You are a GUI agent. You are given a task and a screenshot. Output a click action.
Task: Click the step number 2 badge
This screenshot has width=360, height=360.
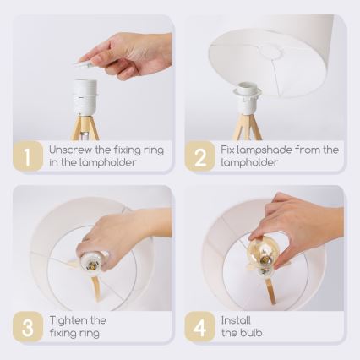pos(200,156)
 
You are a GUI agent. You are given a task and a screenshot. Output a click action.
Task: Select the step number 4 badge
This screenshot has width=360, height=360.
pos(200,327)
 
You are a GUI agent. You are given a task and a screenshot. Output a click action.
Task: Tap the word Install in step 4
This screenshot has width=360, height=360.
pos(237,320)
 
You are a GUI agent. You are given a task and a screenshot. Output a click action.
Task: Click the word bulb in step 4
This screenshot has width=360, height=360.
pos(252,333)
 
